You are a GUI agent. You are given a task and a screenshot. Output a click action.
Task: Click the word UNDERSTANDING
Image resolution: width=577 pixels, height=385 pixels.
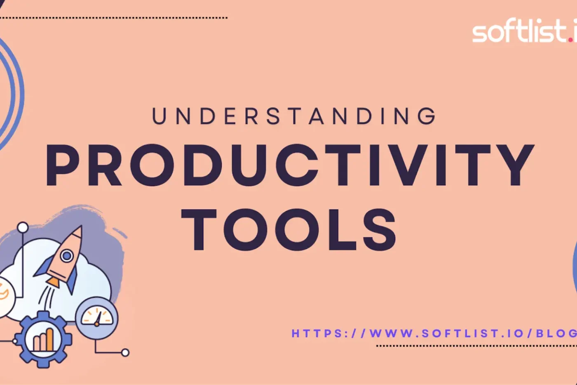coord(294,116)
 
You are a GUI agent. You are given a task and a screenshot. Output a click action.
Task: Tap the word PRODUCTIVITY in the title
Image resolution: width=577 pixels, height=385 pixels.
coord(290,165)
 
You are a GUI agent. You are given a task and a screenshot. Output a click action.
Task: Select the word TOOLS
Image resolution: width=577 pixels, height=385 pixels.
coord(289,230)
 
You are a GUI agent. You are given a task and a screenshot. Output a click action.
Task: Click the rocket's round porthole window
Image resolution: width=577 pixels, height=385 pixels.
coord(67,256)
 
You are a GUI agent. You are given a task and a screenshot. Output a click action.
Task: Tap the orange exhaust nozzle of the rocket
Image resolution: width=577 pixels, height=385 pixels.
coord(52,283)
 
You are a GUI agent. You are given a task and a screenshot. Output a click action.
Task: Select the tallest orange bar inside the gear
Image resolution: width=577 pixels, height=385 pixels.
coord(49,338)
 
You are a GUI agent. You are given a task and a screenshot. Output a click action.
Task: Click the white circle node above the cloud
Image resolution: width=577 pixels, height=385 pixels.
coord(23,227)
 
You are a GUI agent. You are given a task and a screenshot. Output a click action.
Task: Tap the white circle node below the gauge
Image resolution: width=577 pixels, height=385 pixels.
coord(125,352)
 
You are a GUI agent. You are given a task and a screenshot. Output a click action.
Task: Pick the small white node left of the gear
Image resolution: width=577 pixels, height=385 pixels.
coord(15,341)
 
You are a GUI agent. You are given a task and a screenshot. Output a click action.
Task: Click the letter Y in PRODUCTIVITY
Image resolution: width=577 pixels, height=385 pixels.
coord(513,165)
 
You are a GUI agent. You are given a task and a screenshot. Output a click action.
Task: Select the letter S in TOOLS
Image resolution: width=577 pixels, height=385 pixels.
coord(378,230)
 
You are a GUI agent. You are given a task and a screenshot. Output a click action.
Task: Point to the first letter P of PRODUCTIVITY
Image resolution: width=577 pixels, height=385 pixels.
coord(64,165)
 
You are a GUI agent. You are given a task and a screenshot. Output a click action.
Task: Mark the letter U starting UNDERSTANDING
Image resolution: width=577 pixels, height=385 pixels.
coord(159,116)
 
